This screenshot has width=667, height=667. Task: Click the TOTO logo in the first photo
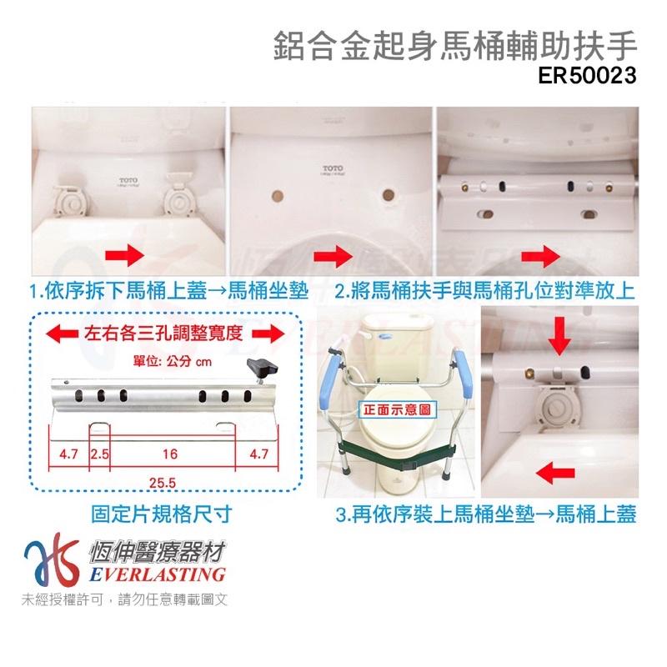(128, 179)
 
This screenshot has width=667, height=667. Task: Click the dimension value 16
(169, 455)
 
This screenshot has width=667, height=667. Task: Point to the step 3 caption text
(486, 514)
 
